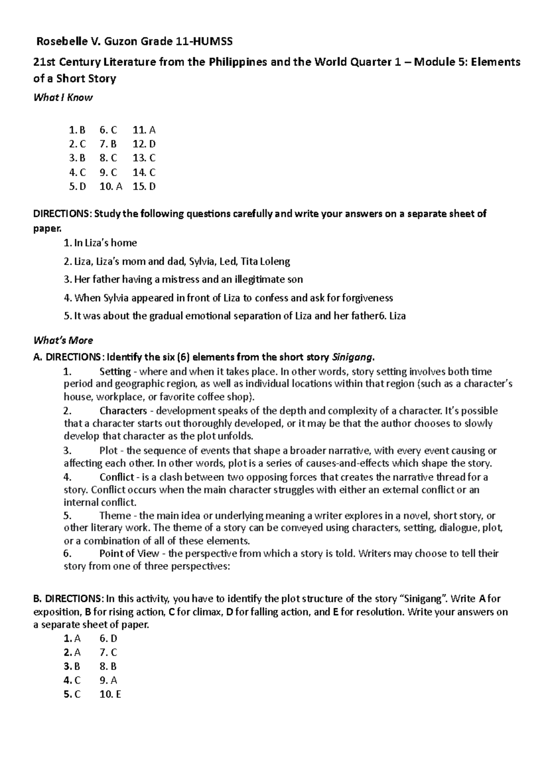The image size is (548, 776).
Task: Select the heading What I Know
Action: click(x=63, y=97)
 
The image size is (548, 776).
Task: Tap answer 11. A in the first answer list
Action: click(x=144, y=130)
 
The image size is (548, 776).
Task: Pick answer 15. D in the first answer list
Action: click(x=144, y=186)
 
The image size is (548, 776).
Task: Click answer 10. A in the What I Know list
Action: click(x=111, y=186)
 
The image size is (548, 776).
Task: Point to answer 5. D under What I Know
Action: click(x=78, y=186)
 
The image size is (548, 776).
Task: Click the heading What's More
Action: click(x=63, y=340)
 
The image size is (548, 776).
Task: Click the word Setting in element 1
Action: click(x=115, y=372)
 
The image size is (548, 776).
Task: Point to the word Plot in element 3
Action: click(x=108, y=451)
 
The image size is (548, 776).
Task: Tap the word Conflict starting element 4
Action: click(x=117, y=477)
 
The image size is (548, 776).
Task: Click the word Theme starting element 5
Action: click(x=115, y=516)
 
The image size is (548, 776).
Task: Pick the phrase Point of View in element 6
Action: click(x=129, y=553)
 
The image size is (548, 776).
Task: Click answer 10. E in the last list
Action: click(x=110, y=694)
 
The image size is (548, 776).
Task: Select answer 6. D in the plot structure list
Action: click(x=108, y=638)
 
